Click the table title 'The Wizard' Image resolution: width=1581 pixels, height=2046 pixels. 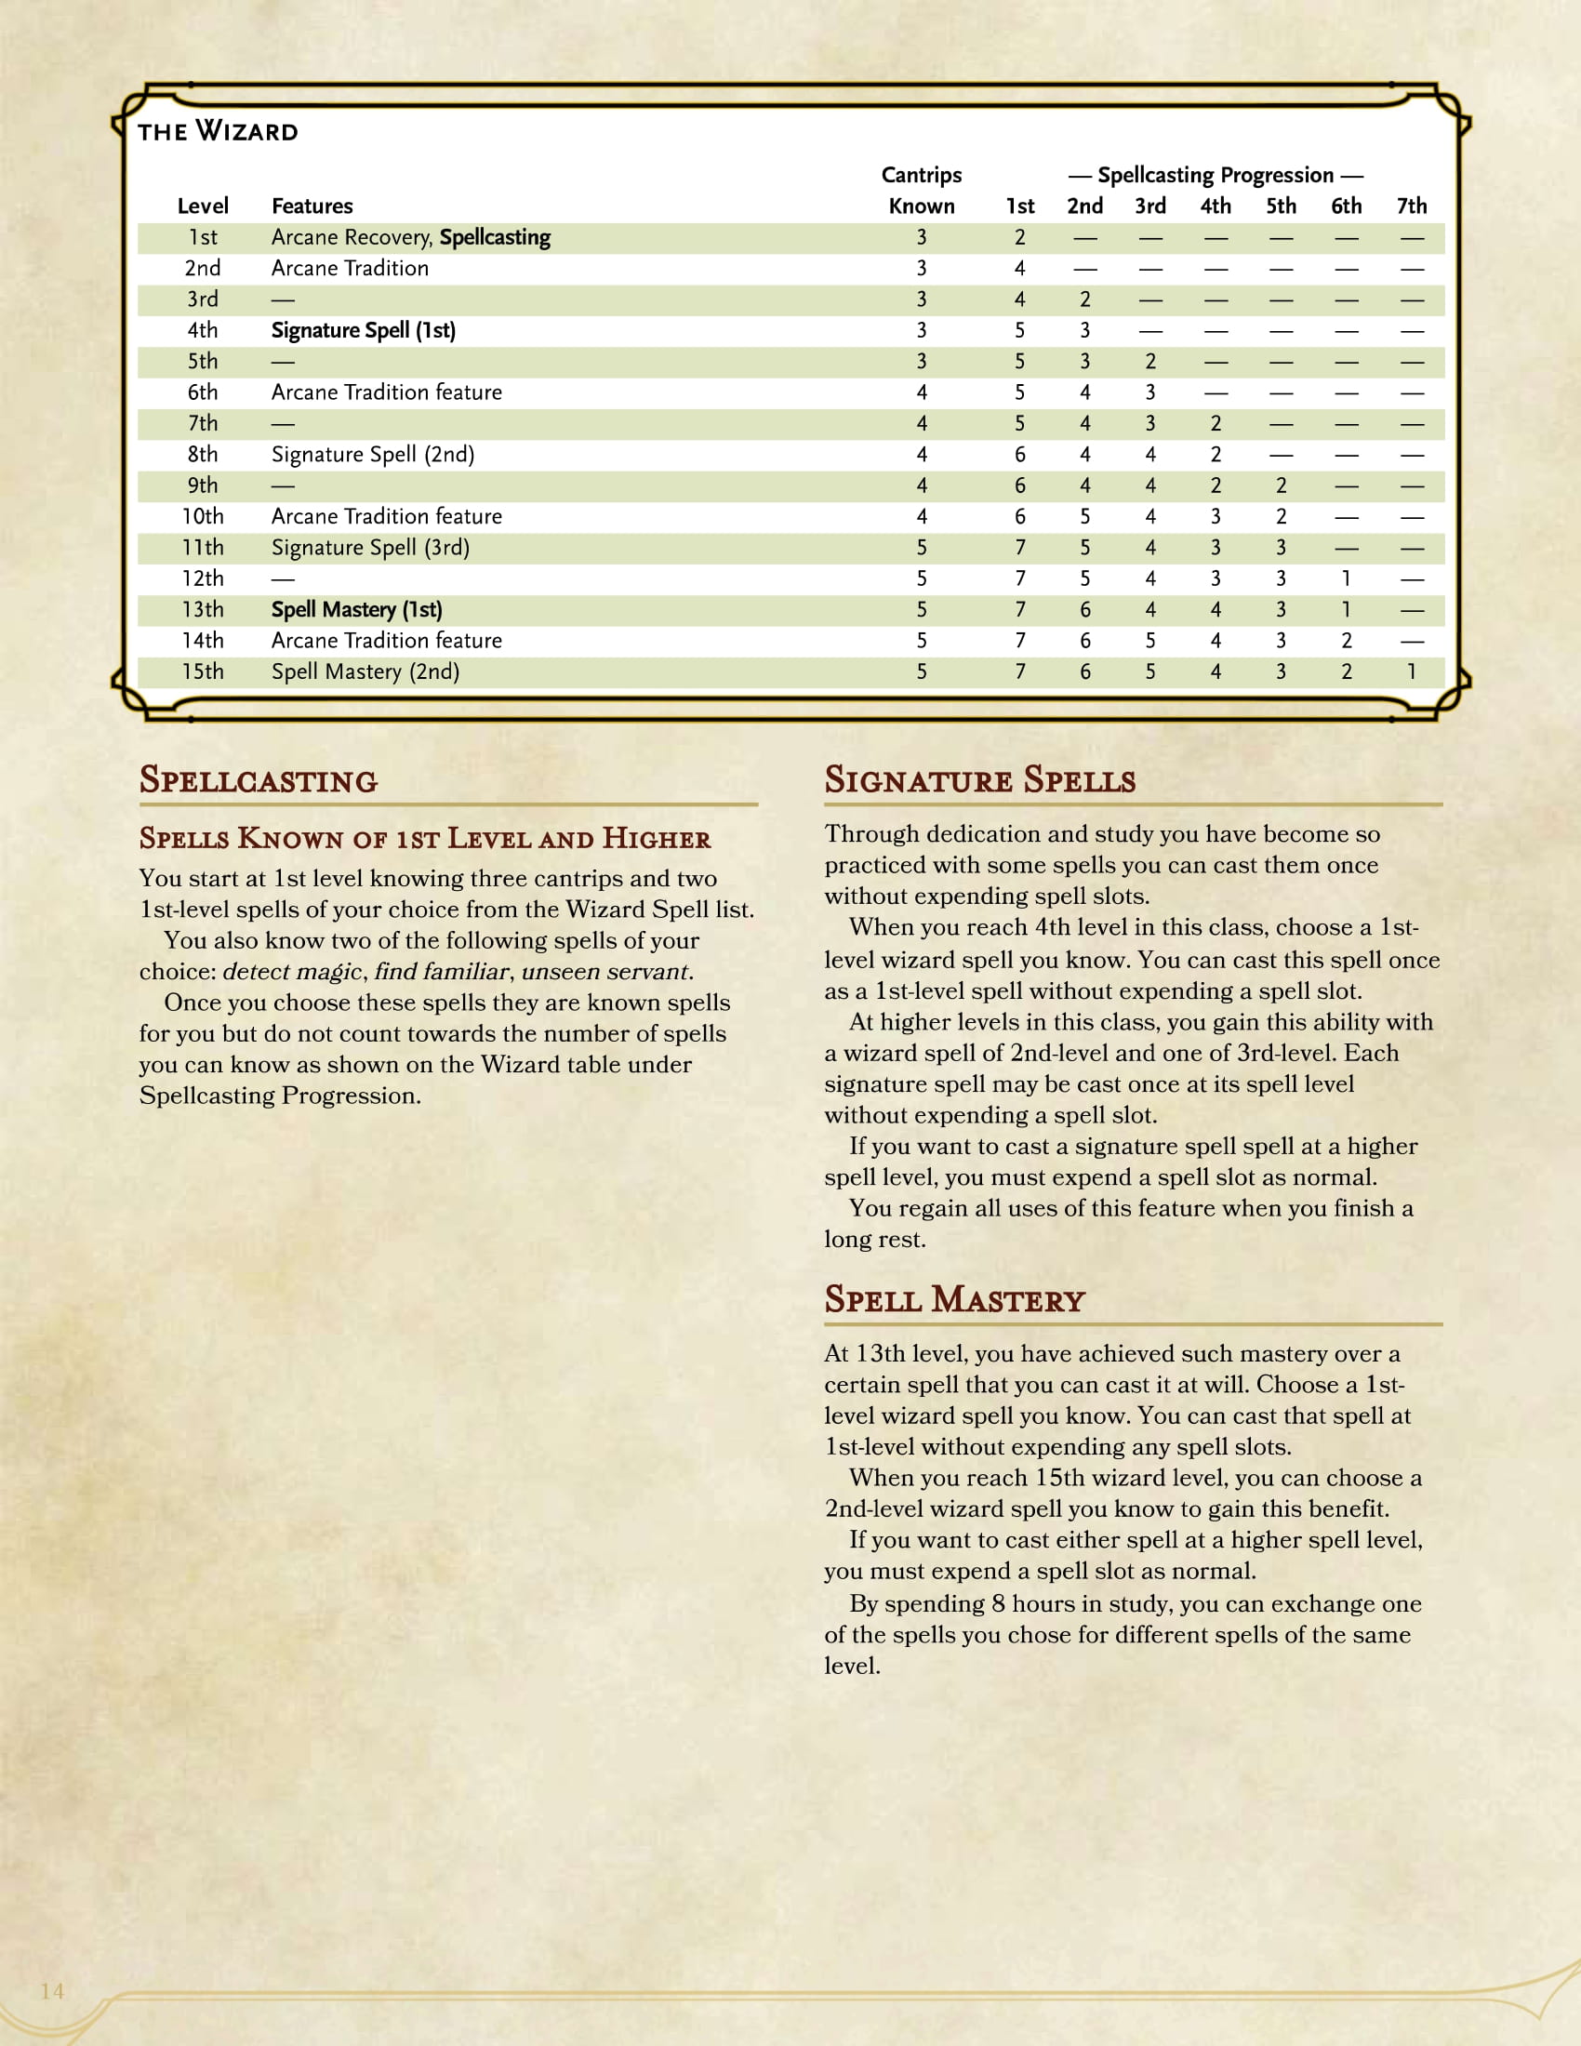click(x=218, y=131)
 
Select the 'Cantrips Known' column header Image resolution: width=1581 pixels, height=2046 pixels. click(x=921, y=190)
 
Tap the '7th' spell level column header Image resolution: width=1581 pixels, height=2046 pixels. click(x=1411, y=206)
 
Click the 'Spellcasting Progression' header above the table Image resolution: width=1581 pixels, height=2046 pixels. click(x=1215, y=175)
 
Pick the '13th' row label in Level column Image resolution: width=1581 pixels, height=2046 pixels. click(x=203, y=610)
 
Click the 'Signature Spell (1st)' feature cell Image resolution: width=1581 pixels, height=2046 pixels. click(x=364, y=331)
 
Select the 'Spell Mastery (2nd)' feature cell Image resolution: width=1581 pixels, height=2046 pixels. click(x=365, y=671)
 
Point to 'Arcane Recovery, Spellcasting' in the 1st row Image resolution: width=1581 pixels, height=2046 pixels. click(x=410, y=238)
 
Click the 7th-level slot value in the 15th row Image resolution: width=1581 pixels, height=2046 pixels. click(x=1411, y=671)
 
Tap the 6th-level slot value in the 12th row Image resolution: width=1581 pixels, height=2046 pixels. click(x=1346, y=579)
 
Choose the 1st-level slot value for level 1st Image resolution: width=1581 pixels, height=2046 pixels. click(x=1019, y=238)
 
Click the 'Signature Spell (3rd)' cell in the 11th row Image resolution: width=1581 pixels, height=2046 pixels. click(x=370, y=548)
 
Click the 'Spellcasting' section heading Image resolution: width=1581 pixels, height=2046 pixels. click(x=259, y=780)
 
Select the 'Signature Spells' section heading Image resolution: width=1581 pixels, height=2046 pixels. click(x=979, y=780)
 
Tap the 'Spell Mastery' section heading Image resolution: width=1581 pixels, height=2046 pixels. click(x=953, y=1300)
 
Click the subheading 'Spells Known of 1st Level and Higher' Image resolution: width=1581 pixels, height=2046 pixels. click(x=424, y=839)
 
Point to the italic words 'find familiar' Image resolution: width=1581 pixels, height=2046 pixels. click(x=441, y=972)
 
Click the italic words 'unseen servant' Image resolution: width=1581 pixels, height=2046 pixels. click(x=605, y=972)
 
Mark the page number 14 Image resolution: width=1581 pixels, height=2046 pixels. click(x=52, y=1991)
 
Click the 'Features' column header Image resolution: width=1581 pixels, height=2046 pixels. click(x=312, y=206)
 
